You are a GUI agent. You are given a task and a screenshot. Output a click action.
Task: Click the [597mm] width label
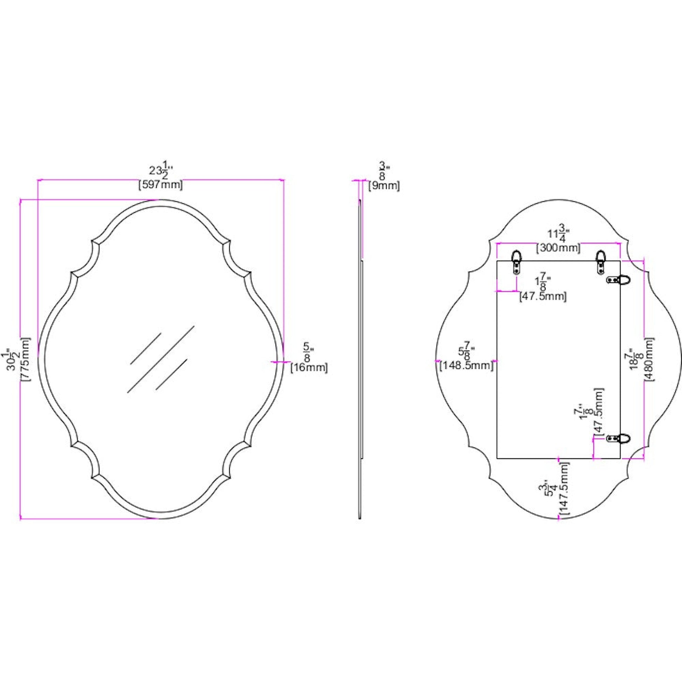tap(161, 185)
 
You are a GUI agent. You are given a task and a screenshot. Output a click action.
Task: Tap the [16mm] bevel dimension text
tap(309, 368)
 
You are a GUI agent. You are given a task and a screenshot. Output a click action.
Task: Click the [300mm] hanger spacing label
tap(558, 248)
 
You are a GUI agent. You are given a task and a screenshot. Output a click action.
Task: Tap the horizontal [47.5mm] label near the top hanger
tap(543, 296)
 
